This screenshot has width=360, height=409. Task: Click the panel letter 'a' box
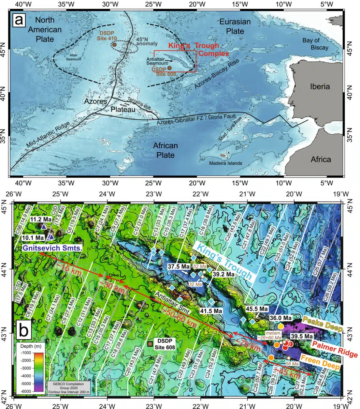(x=19, y=20)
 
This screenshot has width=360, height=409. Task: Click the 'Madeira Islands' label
(x=226, y=163)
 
